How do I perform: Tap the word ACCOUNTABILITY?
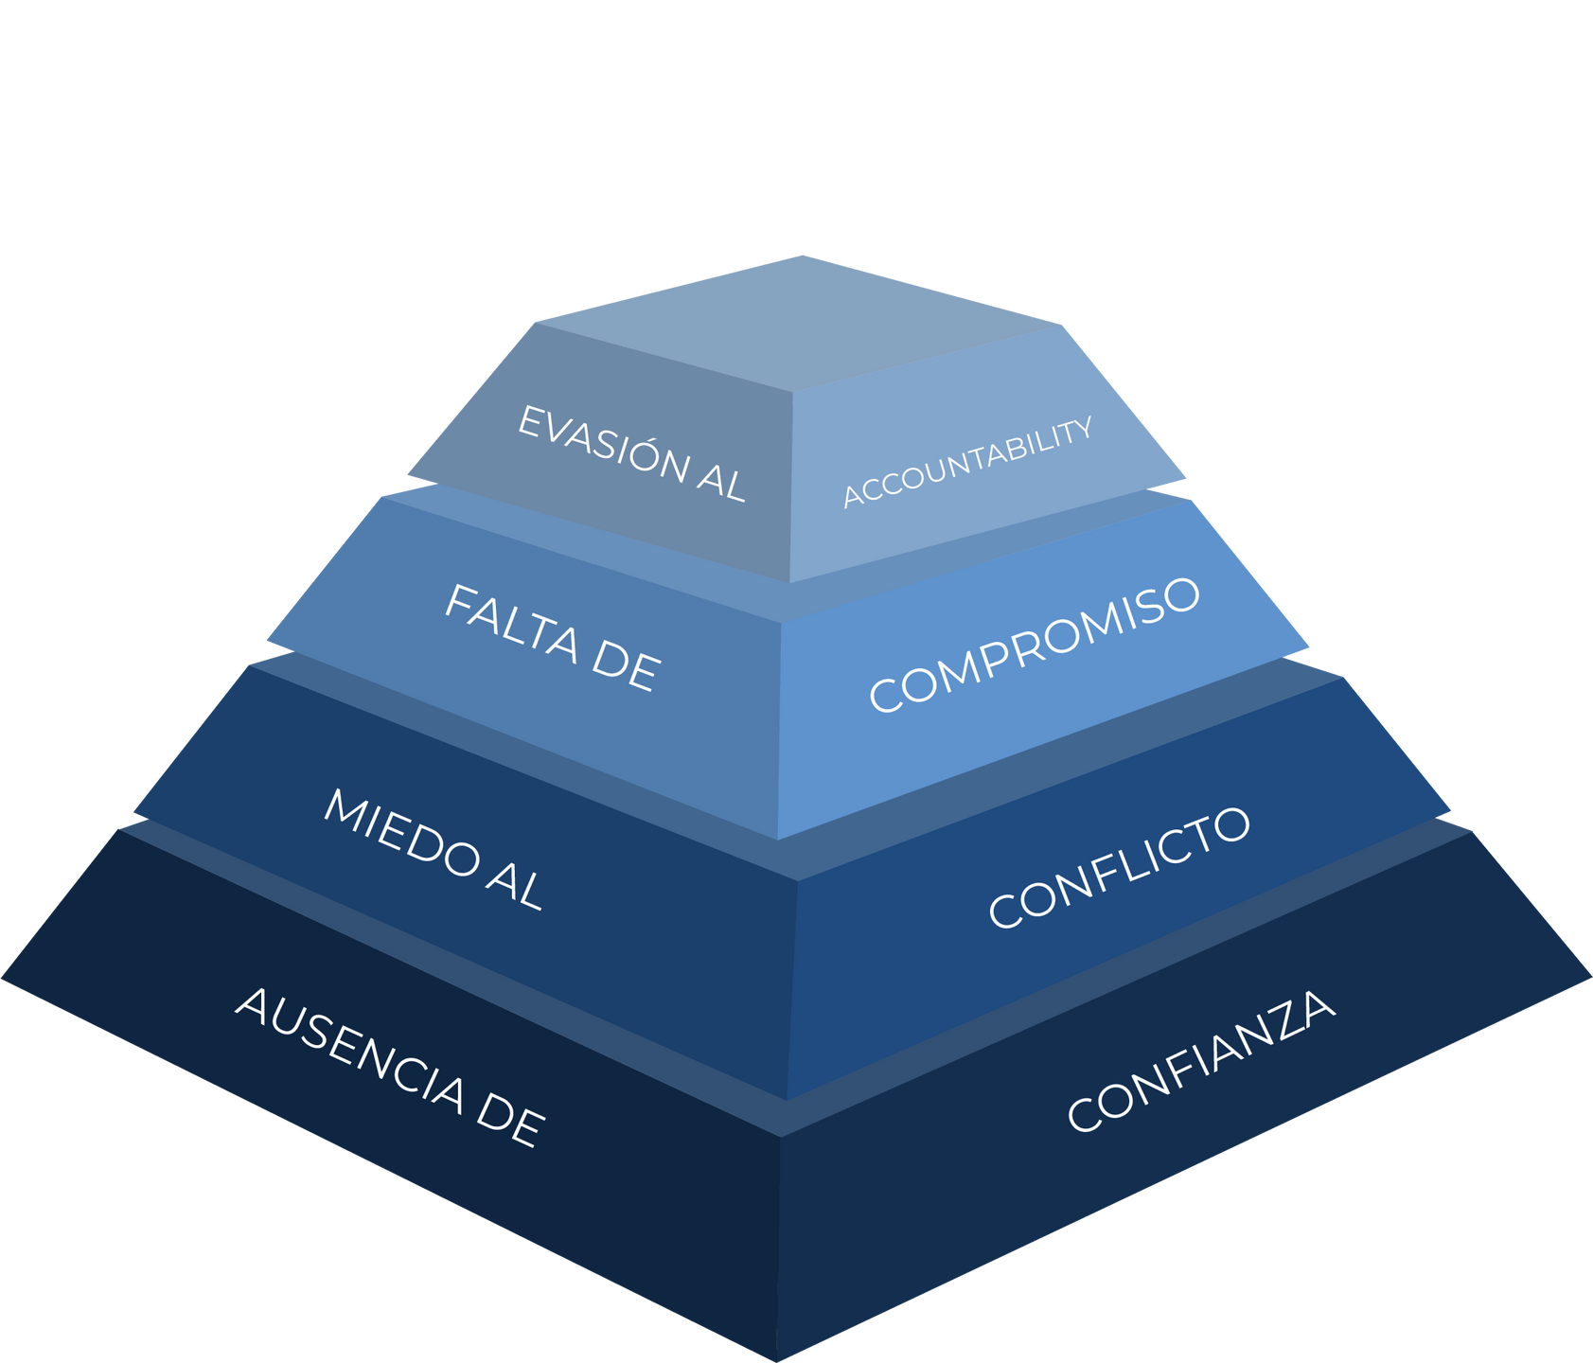(x=967, y=462)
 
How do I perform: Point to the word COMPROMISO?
(x=1035, y=644)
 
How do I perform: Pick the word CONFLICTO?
(x=1119, y=866)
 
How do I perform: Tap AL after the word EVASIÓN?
(x=721, y=480)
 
